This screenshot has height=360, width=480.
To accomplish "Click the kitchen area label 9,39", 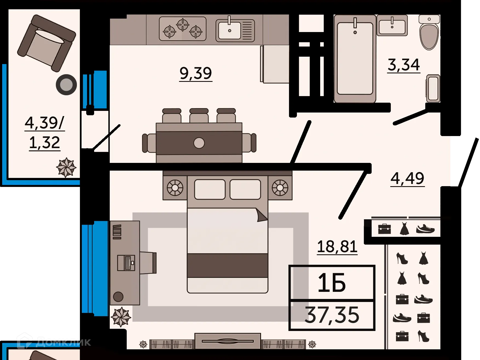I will tap(196, 73).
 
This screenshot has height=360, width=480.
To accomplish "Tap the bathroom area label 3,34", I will tap(404, 65).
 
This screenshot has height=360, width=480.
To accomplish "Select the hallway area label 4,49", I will tap(407, 178).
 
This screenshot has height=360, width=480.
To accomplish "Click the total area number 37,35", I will tap(332, 315).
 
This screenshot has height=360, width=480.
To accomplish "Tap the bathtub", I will tap(355, 59).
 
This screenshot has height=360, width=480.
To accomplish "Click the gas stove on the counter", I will tap(183, 29).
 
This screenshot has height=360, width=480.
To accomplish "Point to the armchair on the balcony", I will tap(47, 42).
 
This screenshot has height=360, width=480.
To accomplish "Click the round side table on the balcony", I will tap(66, 85).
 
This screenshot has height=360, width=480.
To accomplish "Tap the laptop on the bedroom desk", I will tap(126, 263).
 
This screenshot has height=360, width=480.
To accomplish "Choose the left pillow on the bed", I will tap(210, 189).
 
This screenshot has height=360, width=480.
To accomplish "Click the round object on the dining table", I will tap(199, 143).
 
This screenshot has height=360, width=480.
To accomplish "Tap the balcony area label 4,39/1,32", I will tap(45, 133).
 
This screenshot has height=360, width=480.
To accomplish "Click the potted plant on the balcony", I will tap(66, 167).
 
